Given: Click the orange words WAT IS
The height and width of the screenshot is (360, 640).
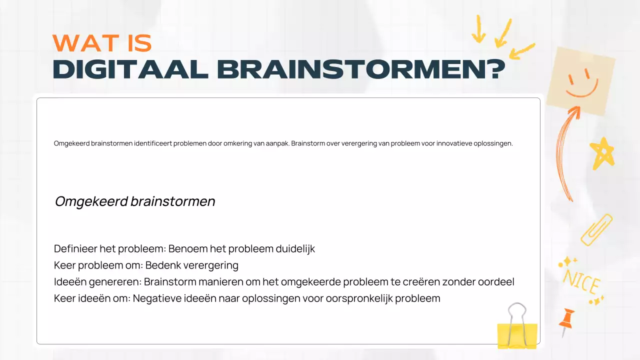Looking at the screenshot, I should click(102, 44).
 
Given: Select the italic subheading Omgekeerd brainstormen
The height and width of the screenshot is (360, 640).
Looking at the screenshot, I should click(135, 201).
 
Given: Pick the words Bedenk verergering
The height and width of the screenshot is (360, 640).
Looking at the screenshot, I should click(191, 265).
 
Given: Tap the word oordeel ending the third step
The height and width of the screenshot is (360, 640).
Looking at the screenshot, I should click(494, 282).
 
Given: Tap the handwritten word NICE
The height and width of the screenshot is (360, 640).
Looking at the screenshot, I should click(581, 283).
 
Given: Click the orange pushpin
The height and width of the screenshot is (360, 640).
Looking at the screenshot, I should click(566, 321).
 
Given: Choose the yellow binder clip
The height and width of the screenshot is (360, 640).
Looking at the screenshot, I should click(517, 330).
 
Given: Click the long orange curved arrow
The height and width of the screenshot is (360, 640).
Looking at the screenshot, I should click(566, 155).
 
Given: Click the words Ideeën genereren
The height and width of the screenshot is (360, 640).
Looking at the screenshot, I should click(96, 282).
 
